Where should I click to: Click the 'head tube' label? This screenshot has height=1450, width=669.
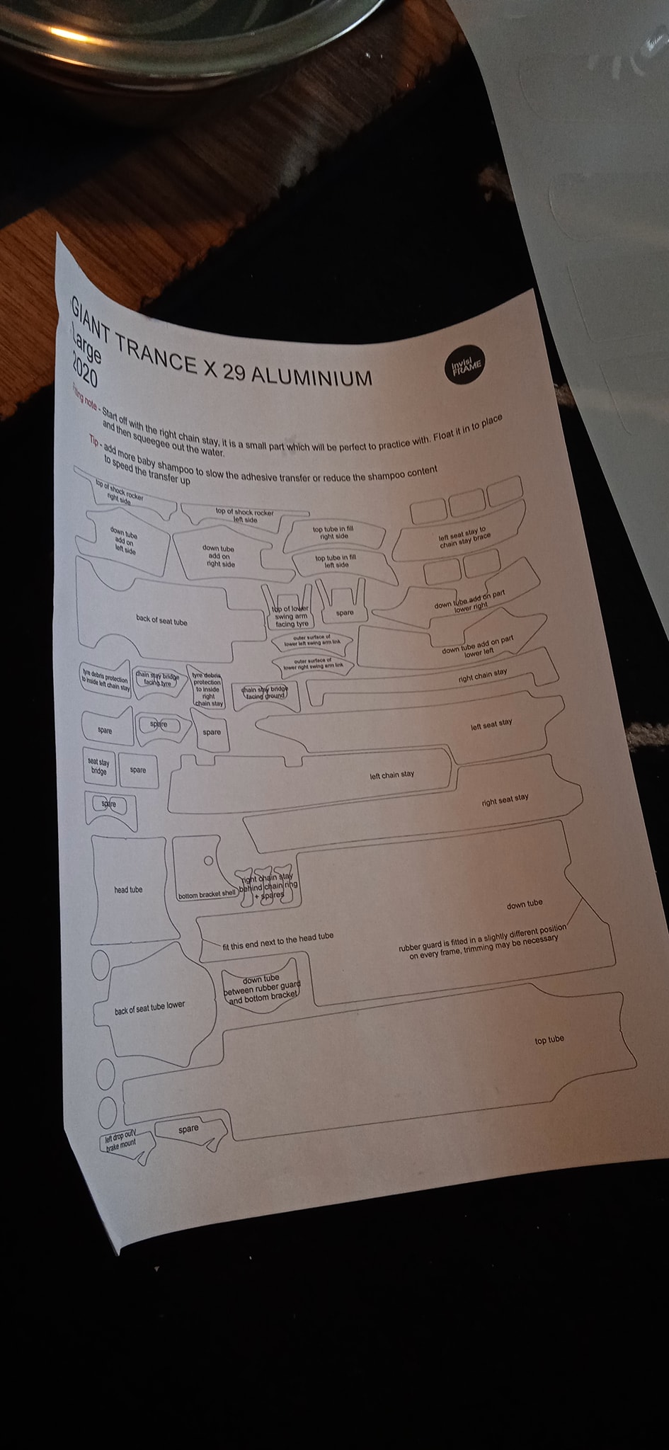(128, 890)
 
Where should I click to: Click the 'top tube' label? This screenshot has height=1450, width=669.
(549, 1039)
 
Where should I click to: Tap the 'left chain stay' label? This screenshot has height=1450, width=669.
(392, 775)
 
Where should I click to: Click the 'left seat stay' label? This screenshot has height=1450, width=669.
(491, 724)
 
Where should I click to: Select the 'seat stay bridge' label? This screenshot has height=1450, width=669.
(98, 766)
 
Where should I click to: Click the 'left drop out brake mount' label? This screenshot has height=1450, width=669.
(120, 1141)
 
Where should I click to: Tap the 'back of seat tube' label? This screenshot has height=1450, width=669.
(161, 622)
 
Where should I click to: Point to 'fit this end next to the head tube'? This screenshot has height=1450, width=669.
(278, 942)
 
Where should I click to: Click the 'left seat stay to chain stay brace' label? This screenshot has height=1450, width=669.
(464, 537)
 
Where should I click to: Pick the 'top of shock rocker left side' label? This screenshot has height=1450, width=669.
(244, 515)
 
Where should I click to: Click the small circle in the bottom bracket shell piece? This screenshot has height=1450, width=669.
(208, 861)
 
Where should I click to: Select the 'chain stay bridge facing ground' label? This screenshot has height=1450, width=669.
(265, 692)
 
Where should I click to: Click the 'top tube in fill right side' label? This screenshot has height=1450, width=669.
(333, 532)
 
